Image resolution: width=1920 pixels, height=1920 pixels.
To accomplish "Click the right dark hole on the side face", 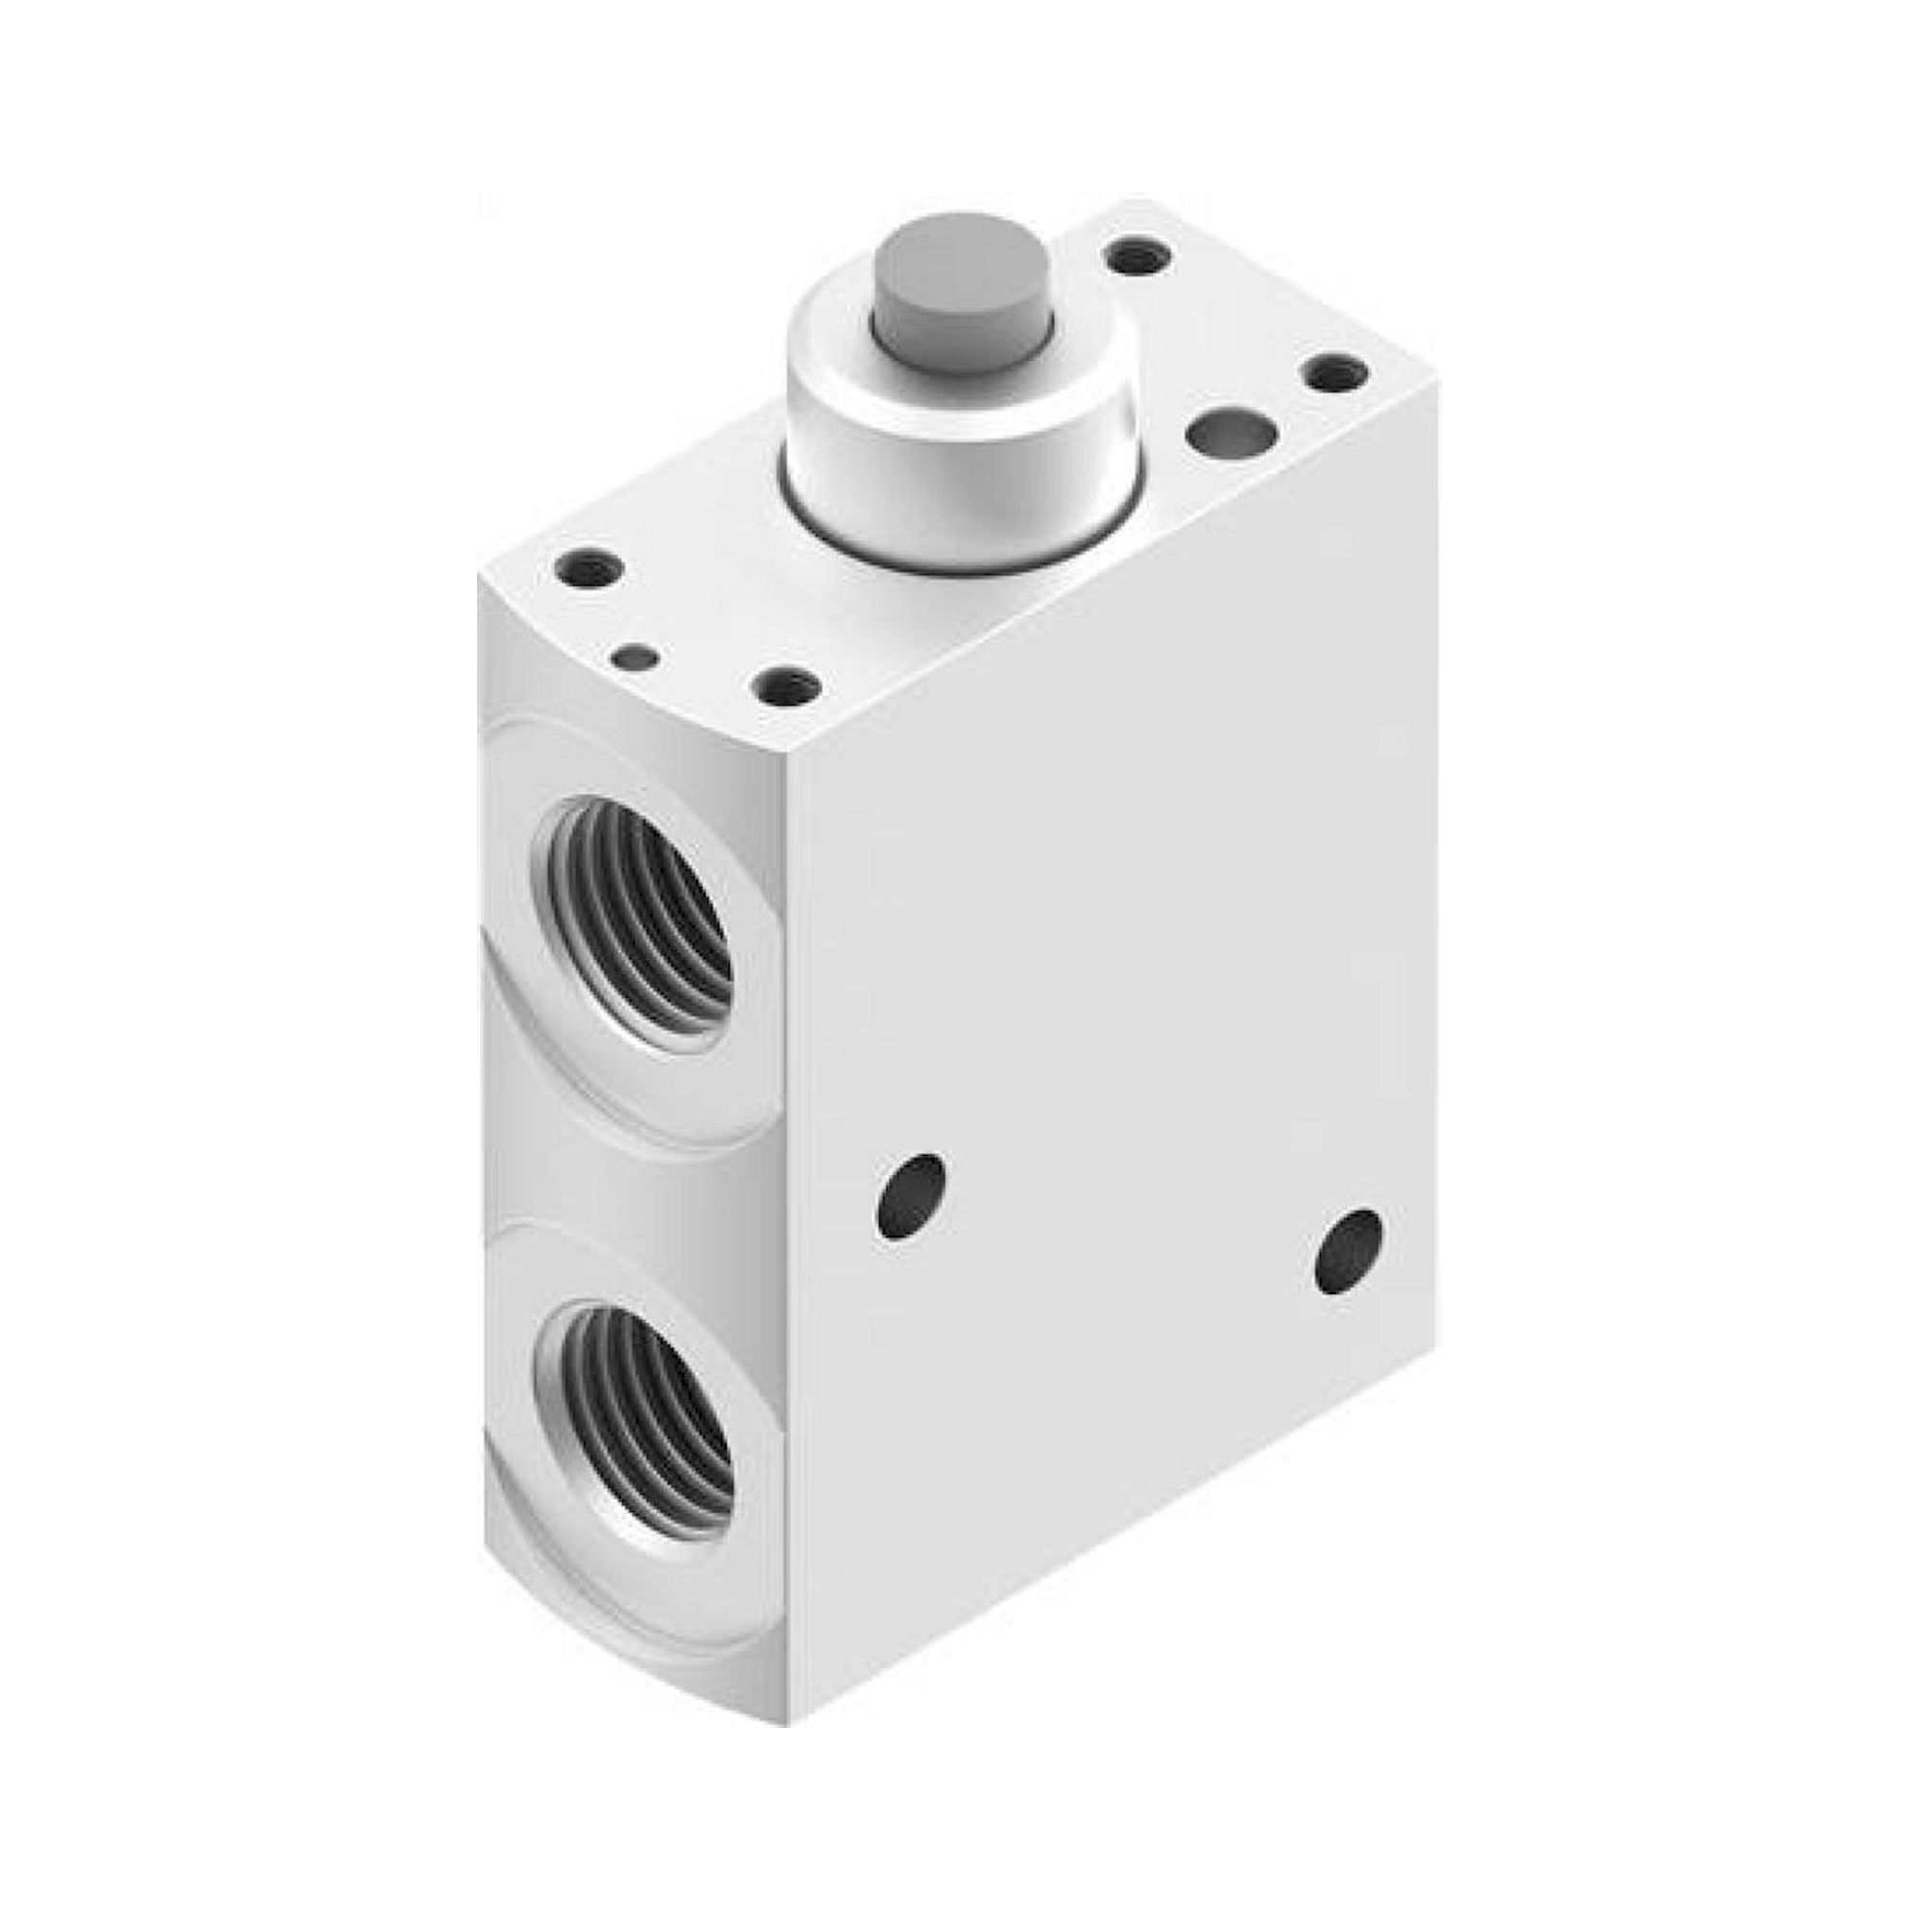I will click(x=1349, y=1251).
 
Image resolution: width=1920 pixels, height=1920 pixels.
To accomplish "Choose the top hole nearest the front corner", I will click(x=786, y=684).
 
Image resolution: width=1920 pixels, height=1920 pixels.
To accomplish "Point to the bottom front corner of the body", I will click(x=790, y=1695).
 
